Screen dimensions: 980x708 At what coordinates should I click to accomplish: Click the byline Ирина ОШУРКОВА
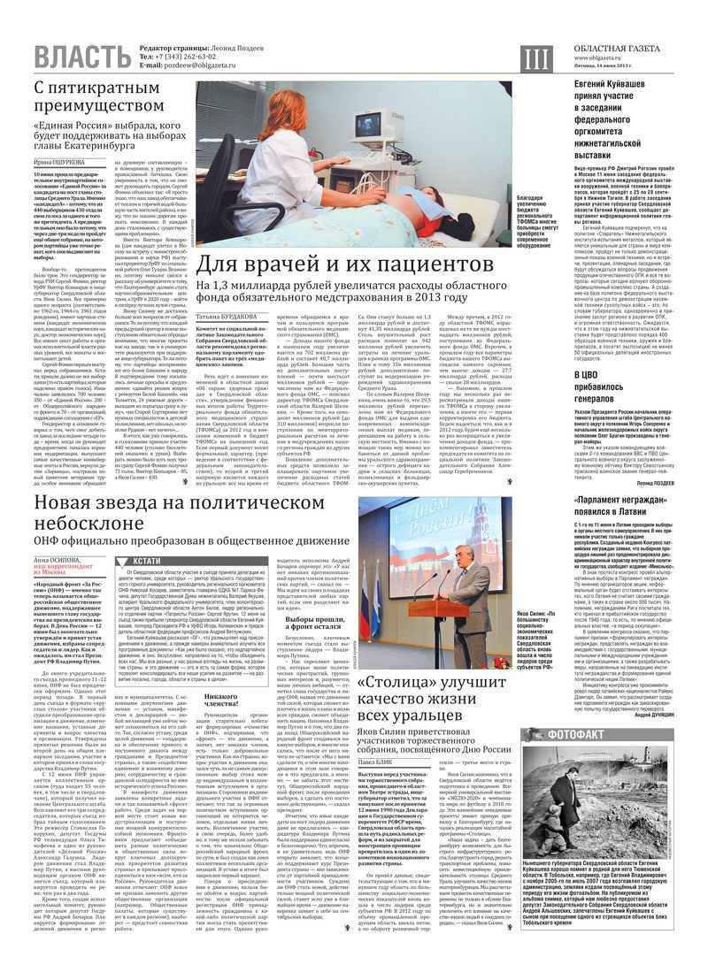coord(61,163)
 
